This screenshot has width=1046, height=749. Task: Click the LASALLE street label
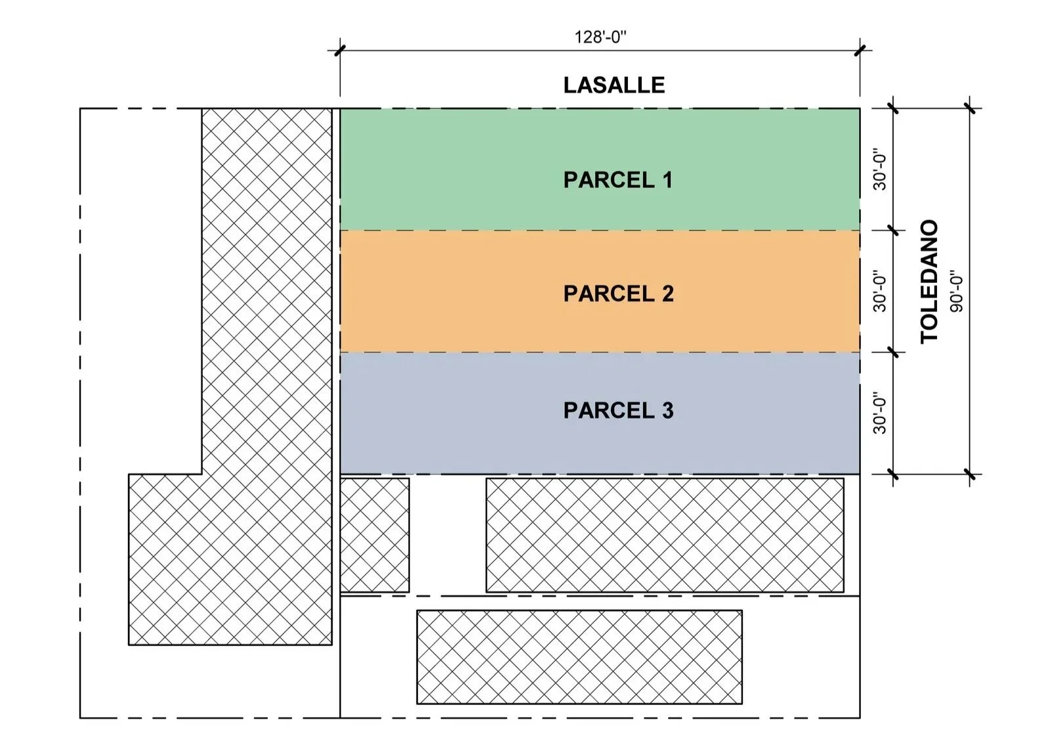pos(614,85)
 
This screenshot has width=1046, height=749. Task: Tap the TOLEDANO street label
pos(929,282)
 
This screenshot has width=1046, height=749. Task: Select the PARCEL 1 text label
pos(617,180)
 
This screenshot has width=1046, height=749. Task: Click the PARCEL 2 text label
pos(618,293)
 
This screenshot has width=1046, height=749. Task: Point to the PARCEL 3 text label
pos(618,410)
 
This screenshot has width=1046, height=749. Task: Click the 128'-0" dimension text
pos(600,37)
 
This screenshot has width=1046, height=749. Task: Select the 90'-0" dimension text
pos(956,291)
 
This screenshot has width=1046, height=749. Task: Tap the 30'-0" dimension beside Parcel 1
pos(879,171)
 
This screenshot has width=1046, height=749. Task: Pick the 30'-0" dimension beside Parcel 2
pos(879,292)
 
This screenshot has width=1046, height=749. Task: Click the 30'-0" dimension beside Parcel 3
pos(879,414)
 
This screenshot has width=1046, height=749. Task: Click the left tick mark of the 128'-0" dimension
pos(340,51)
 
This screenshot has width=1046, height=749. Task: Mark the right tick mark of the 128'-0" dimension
pos(860,51)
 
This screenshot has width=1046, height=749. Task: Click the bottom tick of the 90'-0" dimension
pos(971,474)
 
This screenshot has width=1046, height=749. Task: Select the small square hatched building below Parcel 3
pos(375,535)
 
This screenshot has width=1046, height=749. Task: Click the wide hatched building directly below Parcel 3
pos(665,535)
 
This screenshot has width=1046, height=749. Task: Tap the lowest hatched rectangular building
pos(579,657)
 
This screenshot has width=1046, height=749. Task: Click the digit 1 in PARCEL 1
pos(667,180)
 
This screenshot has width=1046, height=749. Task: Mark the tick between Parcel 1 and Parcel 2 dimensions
pos(893,230)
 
